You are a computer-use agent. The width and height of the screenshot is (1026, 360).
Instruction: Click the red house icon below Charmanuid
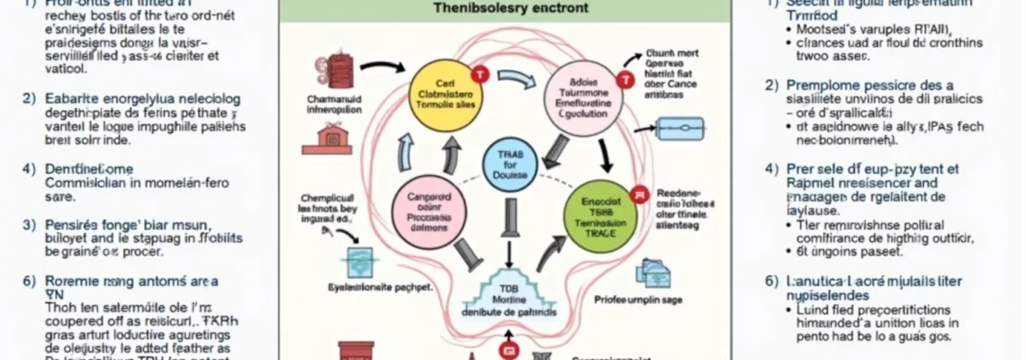(x=333, y=137)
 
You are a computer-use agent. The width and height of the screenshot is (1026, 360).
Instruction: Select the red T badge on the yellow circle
(x=479, y=75)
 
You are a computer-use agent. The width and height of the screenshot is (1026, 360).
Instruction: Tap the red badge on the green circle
(x=638, y=193)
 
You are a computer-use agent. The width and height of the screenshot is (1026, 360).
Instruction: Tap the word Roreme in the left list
(x=70, y=281)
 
